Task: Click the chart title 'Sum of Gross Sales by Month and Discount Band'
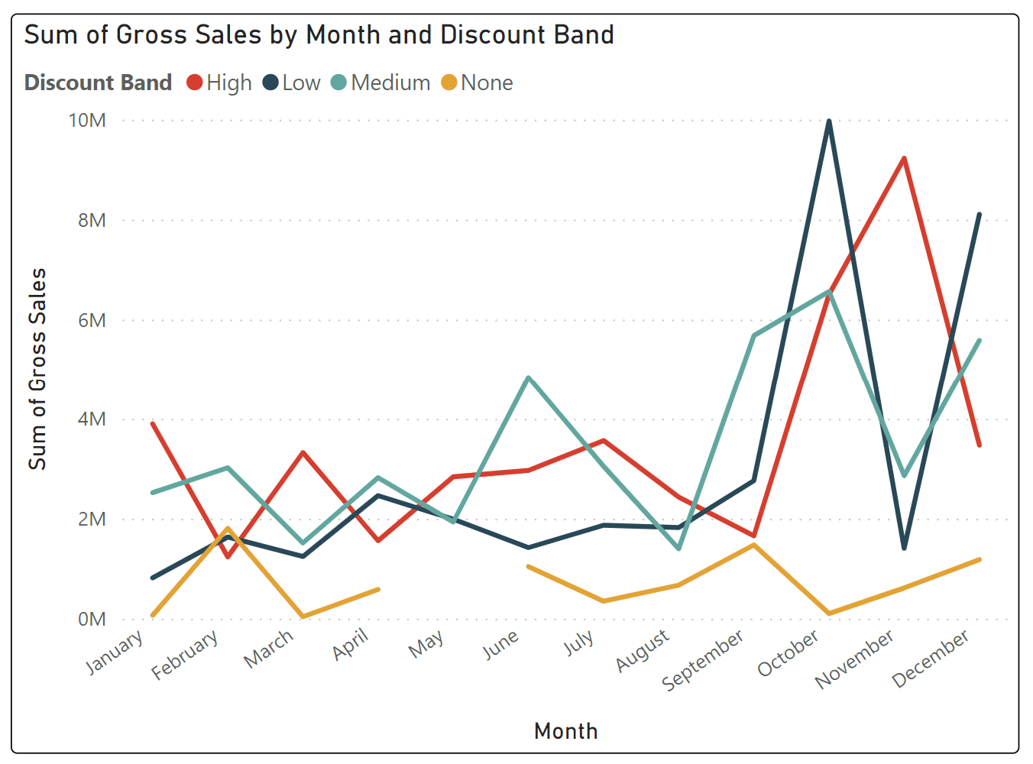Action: [319, 35]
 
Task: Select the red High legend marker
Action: [195, 83]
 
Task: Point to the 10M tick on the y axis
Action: [87, 121]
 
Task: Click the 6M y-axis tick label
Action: [92, 320]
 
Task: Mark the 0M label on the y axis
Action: [92, 619]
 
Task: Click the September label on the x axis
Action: [703, 660]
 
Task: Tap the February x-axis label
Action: [185, 655]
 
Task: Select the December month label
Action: [931, 658]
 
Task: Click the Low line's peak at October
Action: [829, 121]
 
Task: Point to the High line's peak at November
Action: [904, 158]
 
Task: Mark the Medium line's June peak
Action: [529, 377]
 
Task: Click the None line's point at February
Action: [228, 529]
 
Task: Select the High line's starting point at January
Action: [153, 423]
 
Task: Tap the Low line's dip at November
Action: [904, 548]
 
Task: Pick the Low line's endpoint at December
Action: [979, 215]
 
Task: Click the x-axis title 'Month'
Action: [565, 731]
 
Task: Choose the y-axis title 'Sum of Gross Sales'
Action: [37, 369]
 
